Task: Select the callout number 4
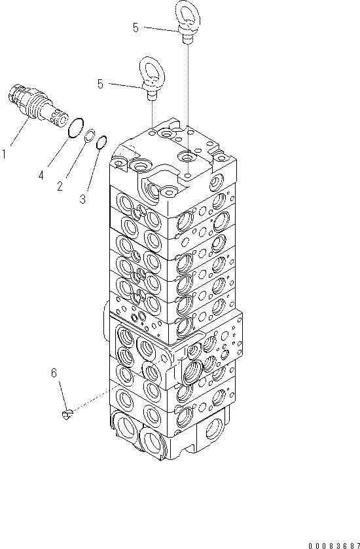[41, 175]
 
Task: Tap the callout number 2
[60, 186]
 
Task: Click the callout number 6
[54, 373]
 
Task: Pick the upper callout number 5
[135, 28]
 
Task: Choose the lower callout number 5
[100, 84]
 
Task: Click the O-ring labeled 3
[101, 143]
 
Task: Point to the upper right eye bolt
[186, 20]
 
